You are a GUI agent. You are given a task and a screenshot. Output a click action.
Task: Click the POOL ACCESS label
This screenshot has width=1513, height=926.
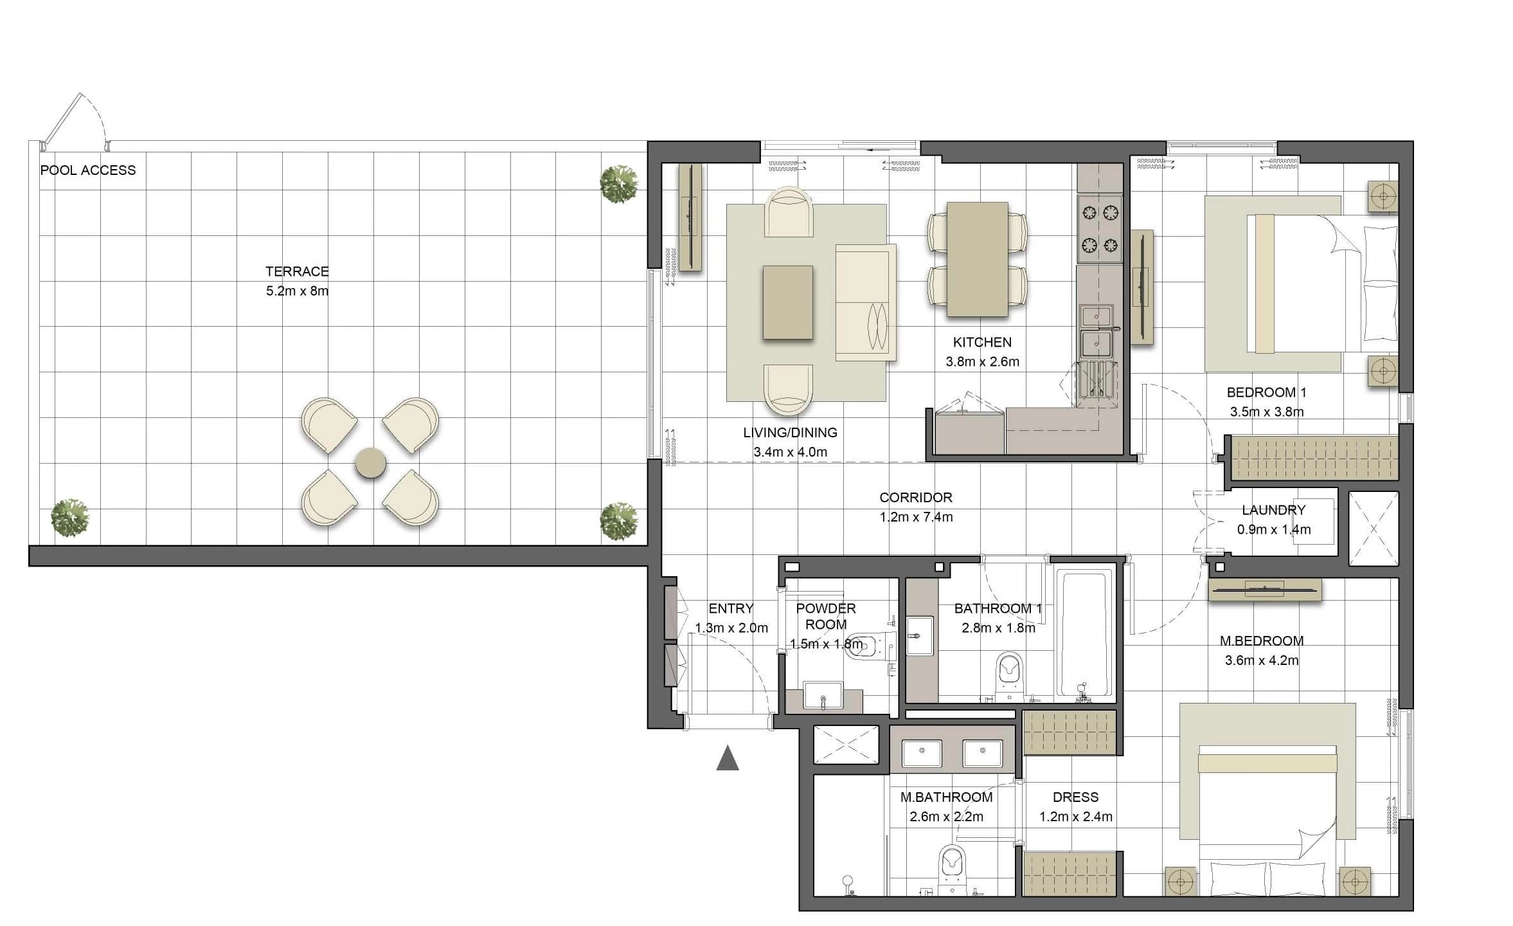click(88, 170)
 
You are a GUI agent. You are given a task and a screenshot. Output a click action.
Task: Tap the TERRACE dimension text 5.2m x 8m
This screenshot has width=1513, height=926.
click(297, 291)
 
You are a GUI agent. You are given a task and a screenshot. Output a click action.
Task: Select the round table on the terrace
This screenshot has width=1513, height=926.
click(371, 462)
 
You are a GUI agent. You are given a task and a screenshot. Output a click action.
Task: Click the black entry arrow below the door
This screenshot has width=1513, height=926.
click(728, 758)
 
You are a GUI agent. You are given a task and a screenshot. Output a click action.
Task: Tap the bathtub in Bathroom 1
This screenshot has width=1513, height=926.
click(1084, 634)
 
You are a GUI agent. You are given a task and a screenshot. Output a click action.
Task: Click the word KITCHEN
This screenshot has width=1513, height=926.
click(982, 343)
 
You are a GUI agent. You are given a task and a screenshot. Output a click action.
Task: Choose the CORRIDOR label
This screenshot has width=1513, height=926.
click(916, 498)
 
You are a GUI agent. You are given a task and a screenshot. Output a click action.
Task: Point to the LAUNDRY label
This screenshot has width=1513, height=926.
click(1273, 511)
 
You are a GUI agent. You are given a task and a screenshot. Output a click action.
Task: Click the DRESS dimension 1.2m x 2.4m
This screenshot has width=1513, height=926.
click(1076, 817)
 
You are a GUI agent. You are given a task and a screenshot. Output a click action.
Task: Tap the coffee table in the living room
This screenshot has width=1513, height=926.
click(787, 302)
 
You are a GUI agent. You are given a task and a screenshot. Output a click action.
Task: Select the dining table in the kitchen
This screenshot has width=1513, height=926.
click(977, 259)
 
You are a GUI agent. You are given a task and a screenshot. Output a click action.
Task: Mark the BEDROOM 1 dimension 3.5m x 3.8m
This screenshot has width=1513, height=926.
click(1267, 412)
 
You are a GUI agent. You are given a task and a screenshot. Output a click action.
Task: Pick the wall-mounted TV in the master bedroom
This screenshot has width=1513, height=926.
click(1264, 588)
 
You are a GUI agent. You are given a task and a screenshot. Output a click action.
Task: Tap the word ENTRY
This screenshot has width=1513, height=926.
click(731, 609)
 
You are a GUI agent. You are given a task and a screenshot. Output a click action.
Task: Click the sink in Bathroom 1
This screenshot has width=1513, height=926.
click(920, 636)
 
